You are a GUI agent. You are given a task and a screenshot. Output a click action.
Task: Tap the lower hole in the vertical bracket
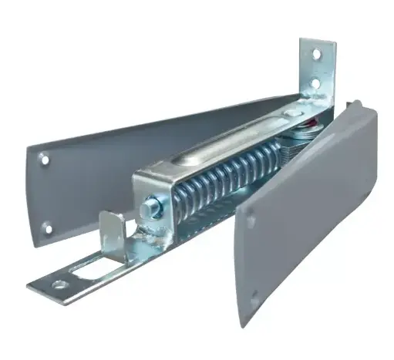(314, 81)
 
